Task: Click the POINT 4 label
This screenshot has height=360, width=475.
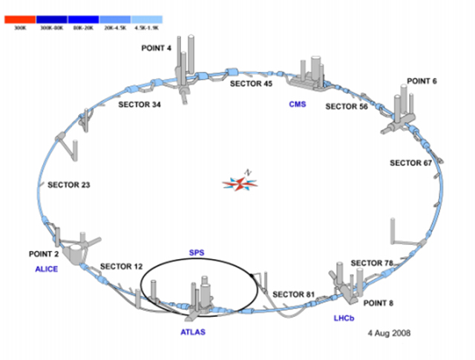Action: click(157, 48)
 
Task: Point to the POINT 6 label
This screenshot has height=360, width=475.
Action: click(422, 80)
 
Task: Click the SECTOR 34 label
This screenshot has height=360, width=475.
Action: click(140, 105)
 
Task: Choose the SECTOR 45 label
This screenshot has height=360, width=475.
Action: click(252, 84)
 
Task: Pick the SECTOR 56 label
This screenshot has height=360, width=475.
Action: click(347, 107)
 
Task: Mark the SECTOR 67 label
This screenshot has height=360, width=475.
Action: click(410, 163)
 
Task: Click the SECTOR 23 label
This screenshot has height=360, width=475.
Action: click(69, 185)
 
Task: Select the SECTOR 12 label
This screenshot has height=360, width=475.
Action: click(121, 266)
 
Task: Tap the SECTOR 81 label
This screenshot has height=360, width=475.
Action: click(293, 295)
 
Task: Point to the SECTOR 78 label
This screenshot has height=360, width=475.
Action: click(372, 263)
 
